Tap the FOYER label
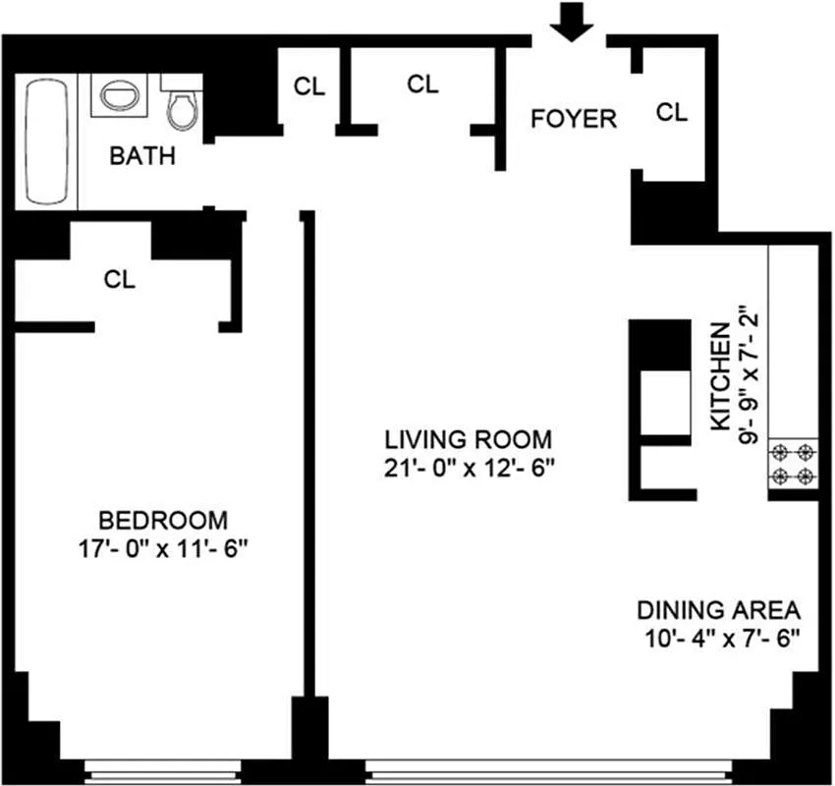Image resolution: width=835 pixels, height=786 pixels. pos(574,119)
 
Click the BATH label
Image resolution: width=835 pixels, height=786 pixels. pos(142,155)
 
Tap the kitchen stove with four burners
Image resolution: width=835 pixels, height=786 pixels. pos(794,465)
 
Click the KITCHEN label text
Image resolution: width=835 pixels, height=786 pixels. pos(721,375)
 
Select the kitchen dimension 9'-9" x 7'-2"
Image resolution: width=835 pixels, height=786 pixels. pos(751,375)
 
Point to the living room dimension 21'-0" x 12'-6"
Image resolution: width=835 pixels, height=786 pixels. pos(471,468)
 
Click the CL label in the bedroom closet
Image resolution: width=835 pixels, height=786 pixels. pos(120,280)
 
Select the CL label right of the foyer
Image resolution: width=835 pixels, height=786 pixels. pos(672,112)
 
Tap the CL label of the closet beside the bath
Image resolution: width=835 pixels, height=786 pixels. pos(309,85)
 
